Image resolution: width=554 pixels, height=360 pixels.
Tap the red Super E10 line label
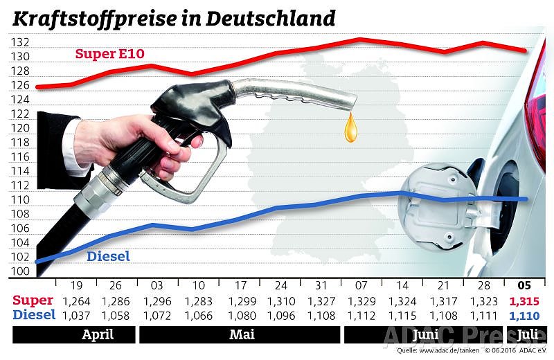coord(110,53)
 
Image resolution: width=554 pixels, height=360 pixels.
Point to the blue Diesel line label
coord(108,257)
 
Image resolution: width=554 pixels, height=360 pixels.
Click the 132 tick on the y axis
coord(19,42)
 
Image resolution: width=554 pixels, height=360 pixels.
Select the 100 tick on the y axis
coord(19,272)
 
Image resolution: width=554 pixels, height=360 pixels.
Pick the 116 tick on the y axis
coord(19,157)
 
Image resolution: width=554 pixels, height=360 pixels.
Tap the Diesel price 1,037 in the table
coord(76,315)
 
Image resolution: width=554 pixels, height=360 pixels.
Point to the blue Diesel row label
coord(35,315)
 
